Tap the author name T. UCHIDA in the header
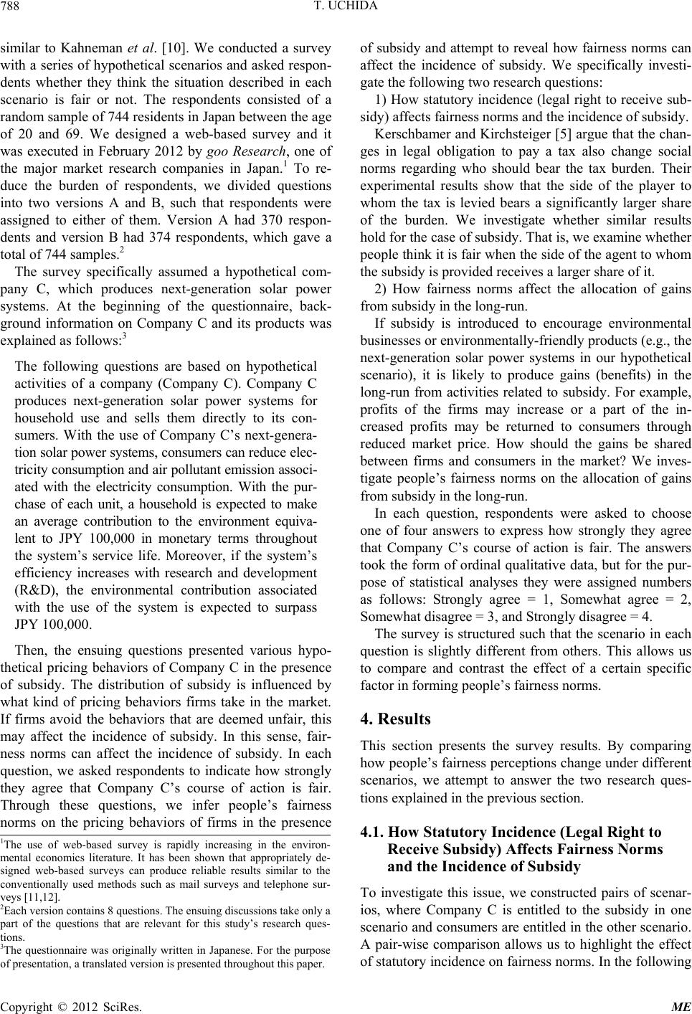pos(346,9)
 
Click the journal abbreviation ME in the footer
pos(681,1005)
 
